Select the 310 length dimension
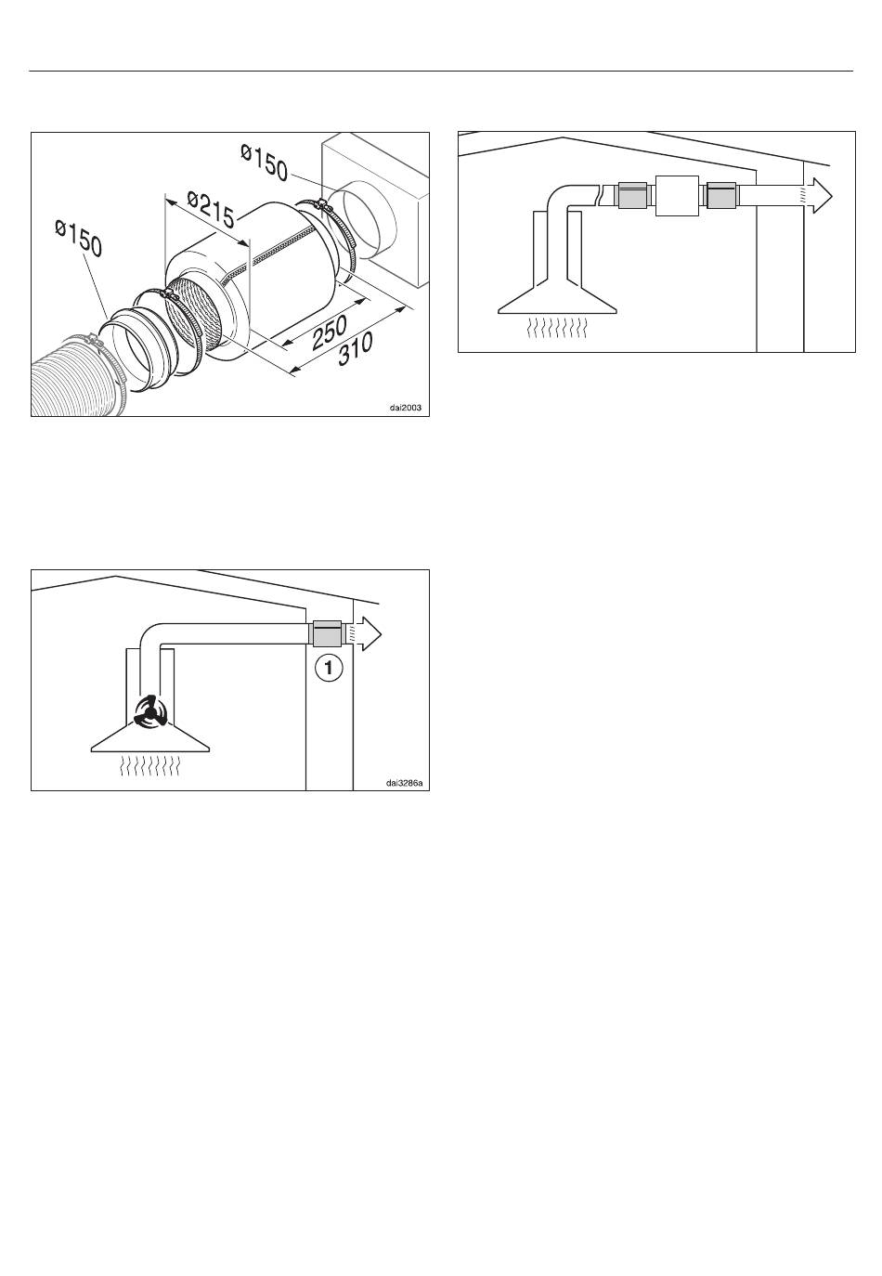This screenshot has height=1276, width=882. (356, 348)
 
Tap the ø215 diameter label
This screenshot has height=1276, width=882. (211, 209)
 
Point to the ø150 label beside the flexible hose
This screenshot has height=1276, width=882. (79, 238)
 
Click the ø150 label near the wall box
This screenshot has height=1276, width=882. (265, 163)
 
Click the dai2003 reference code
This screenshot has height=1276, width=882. (406, 408)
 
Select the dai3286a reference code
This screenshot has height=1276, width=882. (404, 783)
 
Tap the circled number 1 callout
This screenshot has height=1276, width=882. (329, 668)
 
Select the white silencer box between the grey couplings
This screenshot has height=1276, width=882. (677, 196)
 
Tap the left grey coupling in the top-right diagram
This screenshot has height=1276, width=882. (632, 195)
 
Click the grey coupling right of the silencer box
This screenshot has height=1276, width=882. (720, 195)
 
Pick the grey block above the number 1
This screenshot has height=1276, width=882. (327, 633)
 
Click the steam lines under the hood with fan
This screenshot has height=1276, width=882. (150, 766)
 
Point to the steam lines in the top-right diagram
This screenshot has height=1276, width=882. (557, 328)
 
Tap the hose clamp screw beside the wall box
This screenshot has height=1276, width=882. (323, 204)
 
